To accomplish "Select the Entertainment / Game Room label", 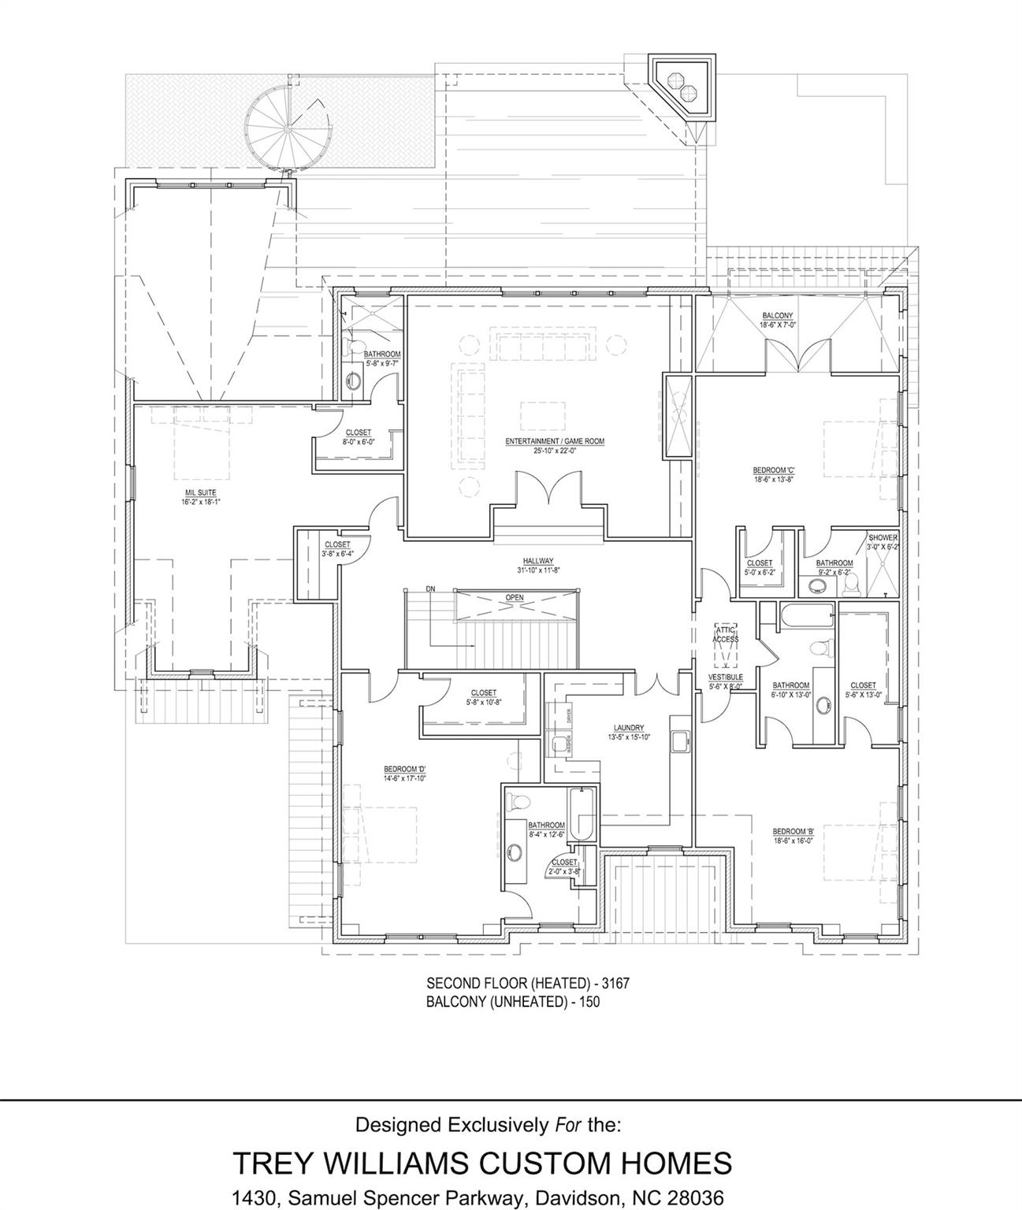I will (555, 446).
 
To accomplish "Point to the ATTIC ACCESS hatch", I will (726, 635).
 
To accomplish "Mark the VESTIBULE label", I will (726, 681).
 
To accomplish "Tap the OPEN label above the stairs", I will (515, 598).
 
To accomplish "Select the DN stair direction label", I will (430, 588).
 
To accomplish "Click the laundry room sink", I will (678, 740).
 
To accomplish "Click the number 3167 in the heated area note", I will (615, 984).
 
